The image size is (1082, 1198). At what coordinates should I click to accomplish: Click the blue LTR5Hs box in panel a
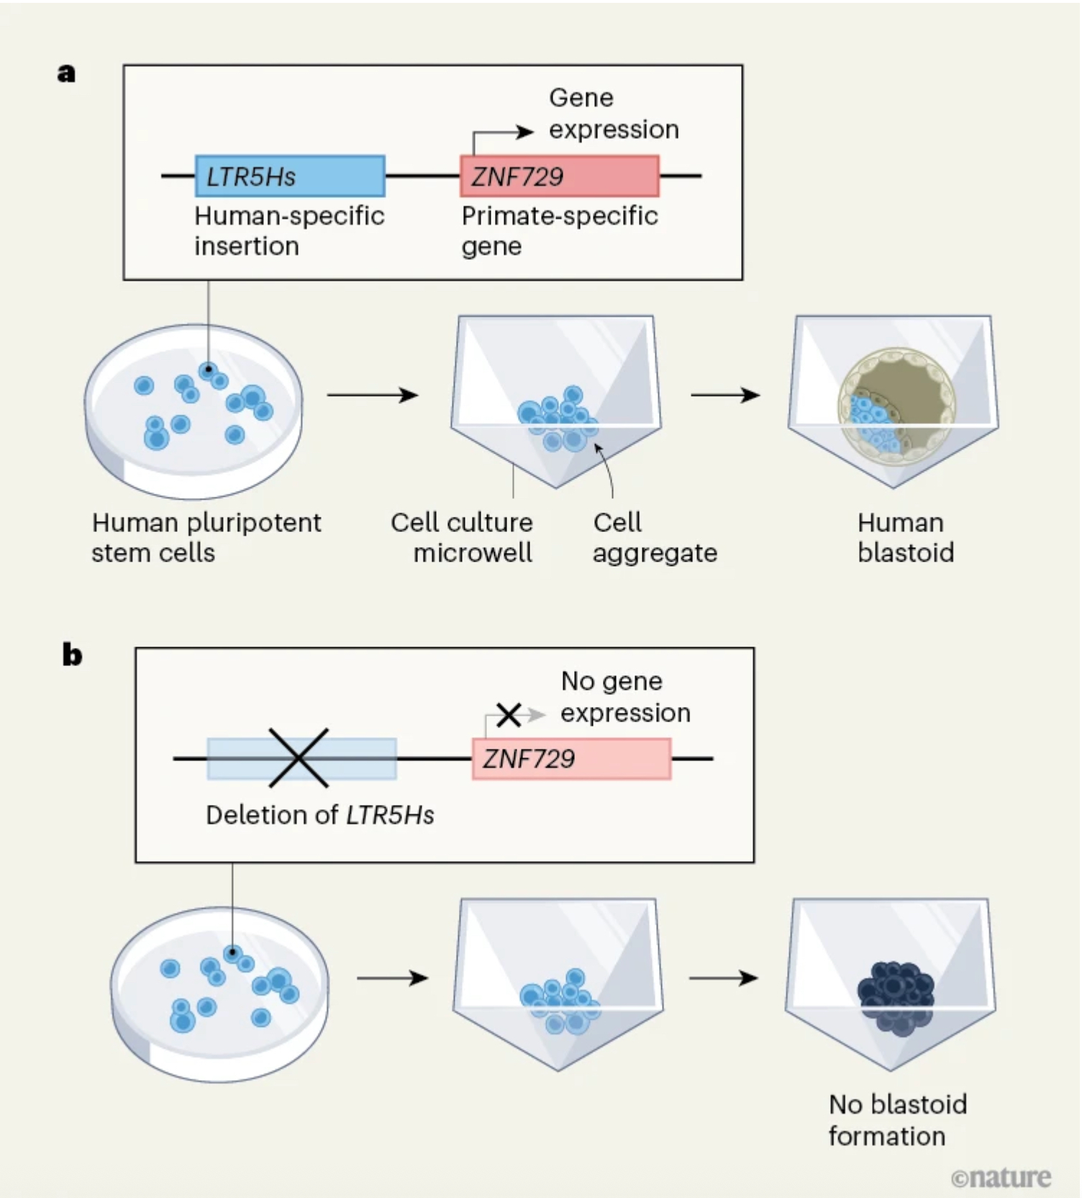[x=290, y=176]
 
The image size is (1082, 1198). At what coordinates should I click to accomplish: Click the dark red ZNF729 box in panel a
[x=559, y=176]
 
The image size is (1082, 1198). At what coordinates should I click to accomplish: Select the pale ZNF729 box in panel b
[x=571, y=759]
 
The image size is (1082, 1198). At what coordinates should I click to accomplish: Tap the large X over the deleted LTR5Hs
[x=299, y=757]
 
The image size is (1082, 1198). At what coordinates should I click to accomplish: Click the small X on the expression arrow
[x=509, y=715]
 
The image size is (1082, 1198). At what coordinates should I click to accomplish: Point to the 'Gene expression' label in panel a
[x=613, y=114]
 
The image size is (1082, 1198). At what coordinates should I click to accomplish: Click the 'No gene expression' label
[x=624, y=697]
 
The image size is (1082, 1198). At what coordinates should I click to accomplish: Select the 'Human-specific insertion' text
[x=288, y=231]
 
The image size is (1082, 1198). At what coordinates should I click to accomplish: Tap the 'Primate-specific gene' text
[x=559, y=231]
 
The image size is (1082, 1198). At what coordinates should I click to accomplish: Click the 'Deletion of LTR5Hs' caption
[x=319, y=815]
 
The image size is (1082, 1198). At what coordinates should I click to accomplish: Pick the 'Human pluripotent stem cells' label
[x=206, y=538]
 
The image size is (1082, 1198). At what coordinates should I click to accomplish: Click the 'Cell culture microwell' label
[x=462, y=538]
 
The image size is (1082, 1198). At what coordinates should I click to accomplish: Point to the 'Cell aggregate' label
[x=654, y=538]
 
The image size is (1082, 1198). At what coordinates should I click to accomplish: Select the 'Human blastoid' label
[x=905, y=538]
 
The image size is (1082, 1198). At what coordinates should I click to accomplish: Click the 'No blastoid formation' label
[x=897, y=1120]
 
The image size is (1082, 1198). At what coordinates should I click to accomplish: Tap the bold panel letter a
[x=66, y=73]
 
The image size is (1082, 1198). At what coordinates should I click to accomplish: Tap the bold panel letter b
[x=72, y=655]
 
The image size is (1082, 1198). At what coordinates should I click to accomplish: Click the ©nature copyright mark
[x=1001, y=1178]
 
